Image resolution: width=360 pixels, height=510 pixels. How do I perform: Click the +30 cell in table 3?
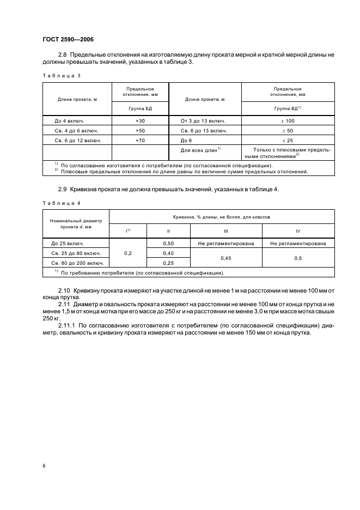[x=140, y=120]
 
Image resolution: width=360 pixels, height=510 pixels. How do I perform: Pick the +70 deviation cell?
[x=140, y=141]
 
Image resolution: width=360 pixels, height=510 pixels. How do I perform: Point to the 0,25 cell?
[x=168, y=263]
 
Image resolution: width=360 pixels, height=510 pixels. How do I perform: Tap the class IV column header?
[x=298, y=230]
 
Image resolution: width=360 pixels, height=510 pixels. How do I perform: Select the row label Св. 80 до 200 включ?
[x=76, y=263]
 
